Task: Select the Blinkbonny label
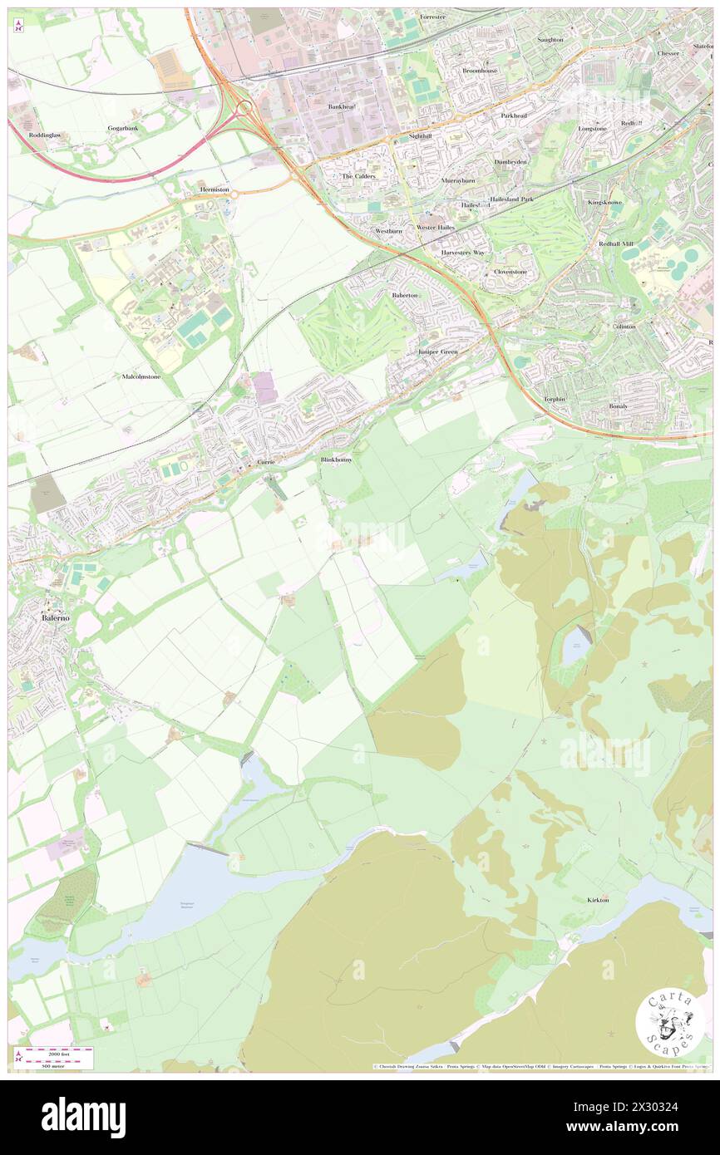[337, 460]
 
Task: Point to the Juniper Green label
[437, 352]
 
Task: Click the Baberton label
[406, 295]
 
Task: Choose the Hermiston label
[214, 189]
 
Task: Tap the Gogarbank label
[122, 129]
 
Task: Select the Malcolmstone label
[141, 376]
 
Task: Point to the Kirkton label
[598, 900]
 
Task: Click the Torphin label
[555, 399]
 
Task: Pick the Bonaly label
[618, 405]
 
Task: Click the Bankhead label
[342, 106]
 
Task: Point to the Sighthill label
[421, 135]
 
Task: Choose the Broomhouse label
[481, 71]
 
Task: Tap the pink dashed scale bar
[55, 1053]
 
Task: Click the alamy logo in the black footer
[83, 1117]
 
